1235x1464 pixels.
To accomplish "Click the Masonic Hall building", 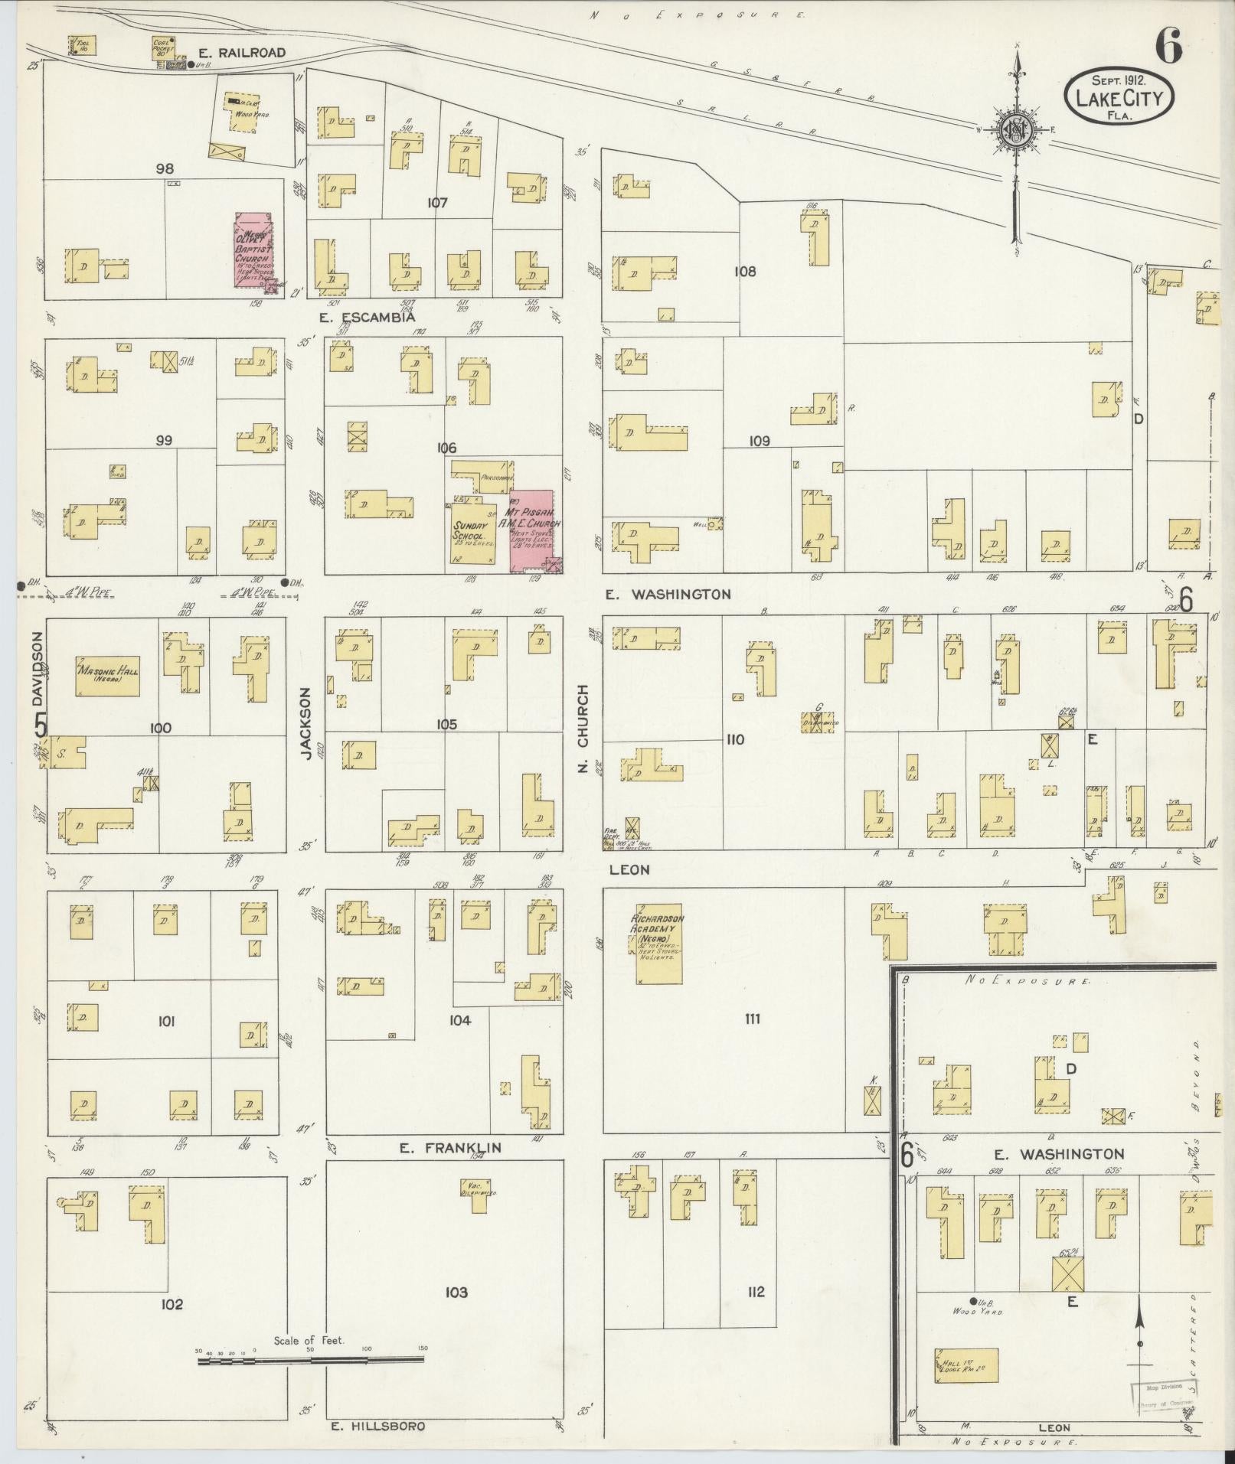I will click(107, 676).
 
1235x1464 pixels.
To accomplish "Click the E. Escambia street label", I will click(368, 316).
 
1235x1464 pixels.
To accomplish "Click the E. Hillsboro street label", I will click(377, 1426).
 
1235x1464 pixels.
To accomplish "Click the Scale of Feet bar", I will click(310, 1360).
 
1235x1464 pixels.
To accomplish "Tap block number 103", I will click(456, 1292).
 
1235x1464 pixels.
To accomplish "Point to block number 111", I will click(752, 1018).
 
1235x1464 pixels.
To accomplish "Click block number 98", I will click(164, 169).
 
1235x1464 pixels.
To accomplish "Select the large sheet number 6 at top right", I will click(1168, 47).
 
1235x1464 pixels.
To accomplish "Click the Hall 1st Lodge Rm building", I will click(966, 1365).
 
